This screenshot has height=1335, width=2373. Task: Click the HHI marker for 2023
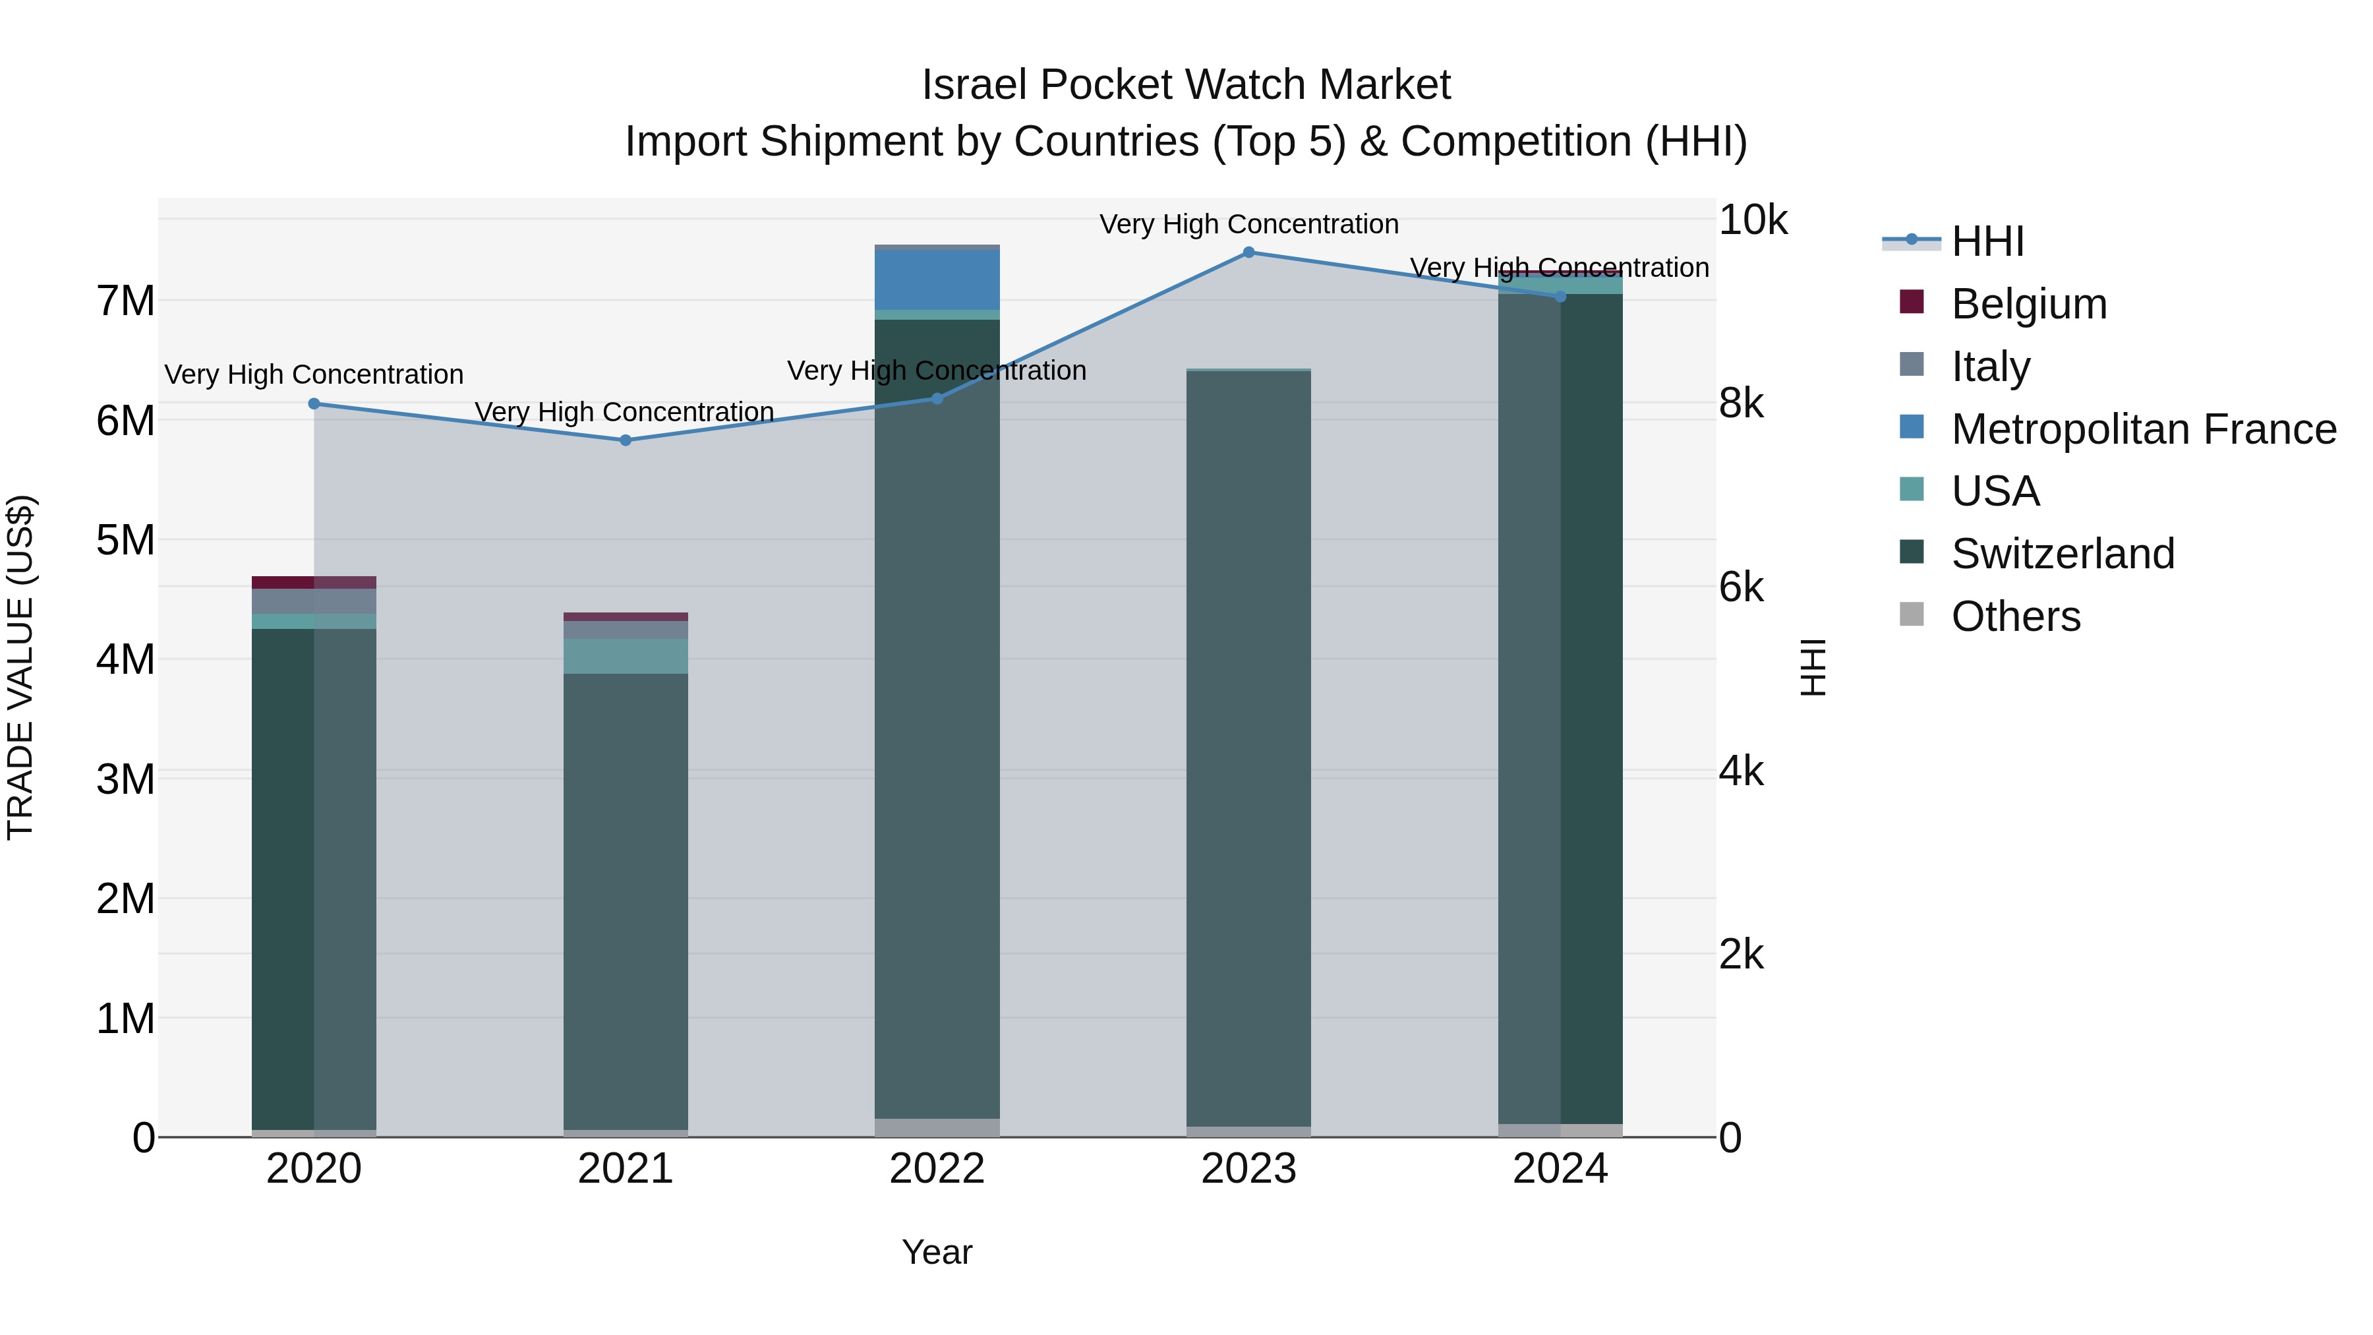(x=1248, y=252)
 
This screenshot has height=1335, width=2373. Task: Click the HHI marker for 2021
(x=626, y=440)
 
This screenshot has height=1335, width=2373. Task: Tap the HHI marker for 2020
(x=314, y=403)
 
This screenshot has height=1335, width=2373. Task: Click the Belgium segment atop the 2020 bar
(x=314, y=582)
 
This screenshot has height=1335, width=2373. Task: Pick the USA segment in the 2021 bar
(x=626, y=656)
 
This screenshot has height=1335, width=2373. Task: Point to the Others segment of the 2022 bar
(x=937, y=1128)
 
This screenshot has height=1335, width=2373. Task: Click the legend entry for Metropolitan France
(x=2143, y=429)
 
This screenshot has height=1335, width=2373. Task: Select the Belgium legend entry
(x=2028, y=304)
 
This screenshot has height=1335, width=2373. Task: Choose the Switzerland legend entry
(x=2062, y=554)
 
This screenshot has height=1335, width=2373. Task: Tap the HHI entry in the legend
(x=1987, y=241)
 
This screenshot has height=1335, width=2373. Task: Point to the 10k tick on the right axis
(x=1752, y=220)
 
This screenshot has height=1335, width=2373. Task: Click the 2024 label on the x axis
(x=1560, y=1169)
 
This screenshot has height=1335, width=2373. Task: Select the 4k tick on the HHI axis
(x=1740, y=772)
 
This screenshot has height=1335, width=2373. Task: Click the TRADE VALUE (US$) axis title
(x=20, y=667)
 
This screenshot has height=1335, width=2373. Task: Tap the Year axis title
(x=937, y=1252)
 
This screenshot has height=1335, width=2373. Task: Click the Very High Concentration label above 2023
(x=1248, y=224)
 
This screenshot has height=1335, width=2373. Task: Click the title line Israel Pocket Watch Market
(x=1186, y=85)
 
